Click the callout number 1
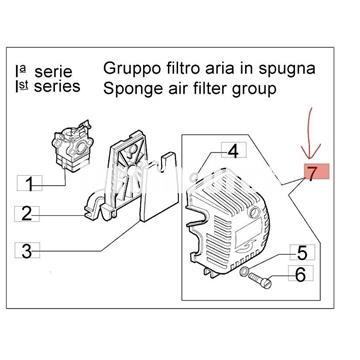[x=30, y=184]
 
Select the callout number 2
[x=27, y=214]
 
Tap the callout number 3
[x=27, y=251]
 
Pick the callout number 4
[x=233, y=151]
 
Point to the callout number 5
[x=302, y=252]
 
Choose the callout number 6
[x=301, y=274]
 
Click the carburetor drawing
[x=72, y=147]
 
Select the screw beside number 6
[x=260, y=280]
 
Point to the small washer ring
[x=244, y=272]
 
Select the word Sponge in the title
[x=131, y=90]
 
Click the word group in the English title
[x=254, y=90]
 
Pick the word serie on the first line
[x=53, y=72]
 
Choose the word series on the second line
[x=57, y=87]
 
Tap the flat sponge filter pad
[x=159, y=188]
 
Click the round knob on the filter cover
[x=255, y=211]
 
